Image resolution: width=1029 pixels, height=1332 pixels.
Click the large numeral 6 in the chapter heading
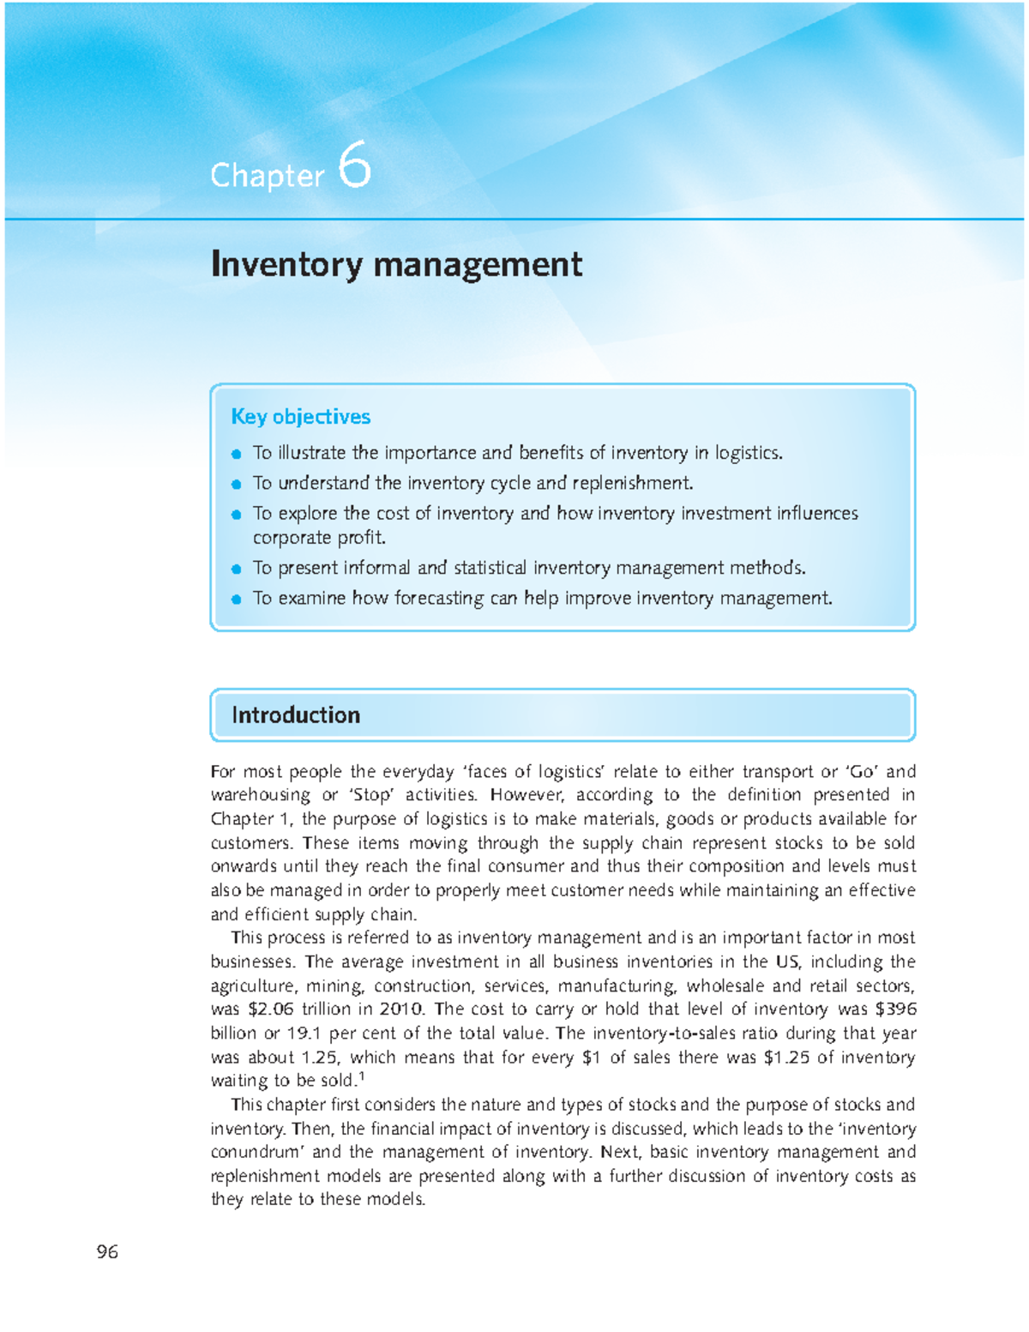(x=354, y=165)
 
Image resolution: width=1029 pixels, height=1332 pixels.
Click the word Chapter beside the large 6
(x=267, y=176)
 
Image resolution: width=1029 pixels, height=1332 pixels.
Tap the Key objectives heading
(x=300, y=417)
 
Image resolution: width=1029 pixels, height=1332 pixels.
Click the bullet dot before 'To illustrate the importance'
(x=237, y=455)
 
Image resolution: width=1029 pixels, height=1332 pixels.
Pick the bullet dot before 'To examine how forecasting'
(x=237, y=600)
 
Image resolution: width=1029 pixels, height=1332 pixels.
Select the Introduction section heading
(x=295, y=715)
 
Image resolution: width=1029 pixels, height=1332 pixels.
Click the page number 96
(x=107, y=1252)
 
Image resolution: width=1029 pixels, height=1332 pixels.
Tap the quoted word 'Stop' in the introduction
(x=370, y=795)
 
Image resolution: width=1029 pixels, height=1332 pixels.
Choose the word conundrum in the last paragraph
(x=254, y=1153)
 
